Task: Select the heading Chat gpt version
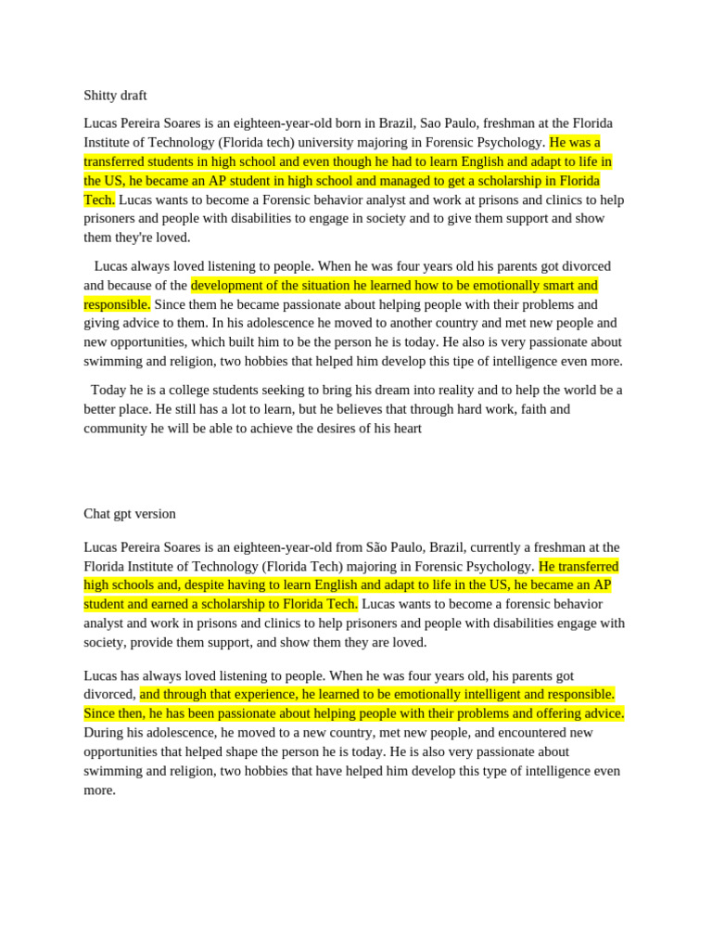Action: click(x=130, y=514)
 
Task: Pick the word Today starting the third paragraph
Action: click(x=108, y=390)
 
